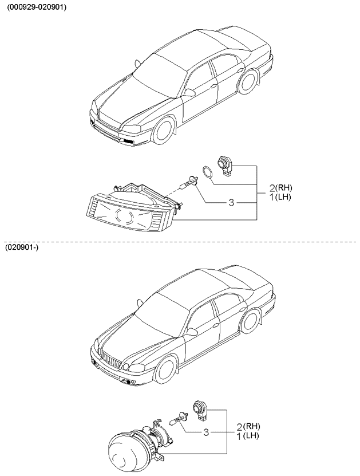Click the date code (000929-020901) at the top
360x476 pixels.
coord(37,7)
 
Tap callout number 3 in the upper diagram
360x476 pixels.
coord(231,202)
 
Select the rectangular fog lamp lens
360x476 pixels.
coord(126,215)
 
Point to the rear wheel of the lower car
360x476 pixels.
coord(250,321)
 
